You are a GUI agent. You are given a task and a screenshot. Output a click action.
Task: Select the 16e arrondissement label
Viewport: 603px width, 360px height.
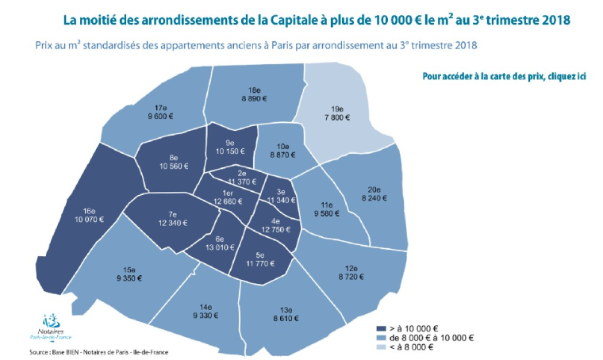[89, 212]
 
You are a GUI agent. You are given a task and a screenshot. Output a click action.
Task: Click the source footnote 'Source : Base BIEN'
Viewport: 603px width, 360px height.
[63, 352]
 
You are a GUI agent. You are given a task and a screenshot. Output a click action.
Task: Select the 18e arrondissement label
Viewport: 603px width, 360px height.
[256, 90]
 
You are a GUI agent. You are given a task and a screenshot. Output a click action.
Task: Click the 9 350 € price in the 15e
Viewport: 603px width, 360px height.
[130, 279]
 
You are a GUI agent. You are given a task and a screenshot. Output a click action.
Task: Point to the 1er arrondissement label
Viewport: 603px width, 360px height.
[229, 193]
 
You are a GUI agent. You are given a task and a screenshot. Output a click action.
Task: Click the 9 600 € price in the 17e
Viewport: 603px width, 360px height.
[159, 117]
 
